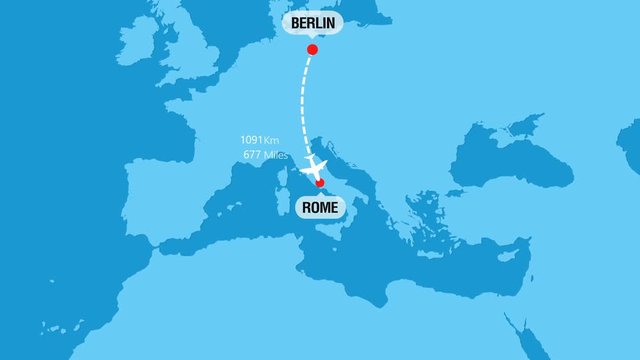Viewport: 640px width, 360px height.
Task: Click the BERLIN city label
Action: [311, 23]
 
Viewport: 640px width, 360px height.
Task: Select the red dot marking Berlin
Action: [312, 49]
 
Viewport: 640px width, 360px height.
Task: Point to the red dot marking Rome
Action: [319, 183]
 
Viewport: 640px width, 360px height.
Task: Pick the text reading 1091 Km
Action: [259, 140]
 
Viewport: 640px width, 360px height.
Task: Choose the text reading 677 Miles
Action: [265, 155]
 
